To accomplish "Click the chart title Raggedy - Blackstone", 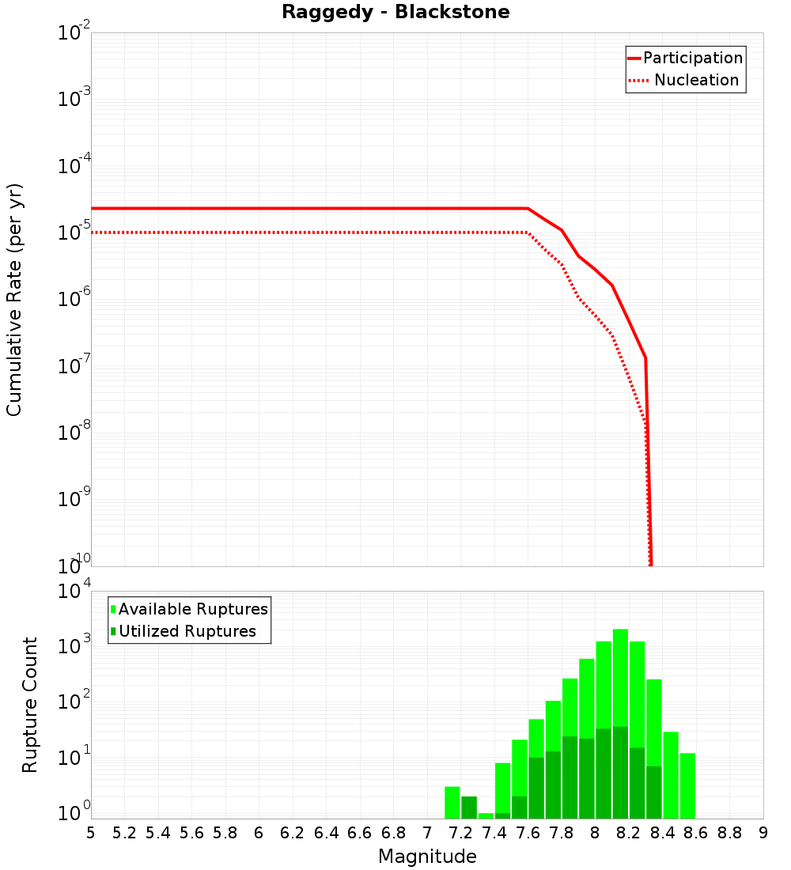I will [395, 12].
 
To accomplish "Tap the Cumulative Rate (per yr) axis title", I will [14, 300].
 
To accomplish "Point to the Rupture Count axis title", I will [30, 704].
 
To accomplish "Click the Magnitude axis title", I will [427, 857].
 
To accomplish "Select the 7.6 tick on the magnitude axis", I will [528, 833].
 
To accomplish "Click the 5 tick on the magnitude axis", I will [91, 833].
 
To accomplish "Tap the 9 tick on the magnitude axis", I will [763, 833].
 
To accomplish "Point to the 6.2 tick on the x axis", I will [293, 833].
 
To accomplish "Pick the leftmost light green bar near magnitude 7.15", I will [452, 802].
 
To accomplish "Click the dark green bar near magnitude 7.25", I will [469, 807].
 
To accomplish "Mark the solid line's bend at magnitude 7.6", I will [528, 209].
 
